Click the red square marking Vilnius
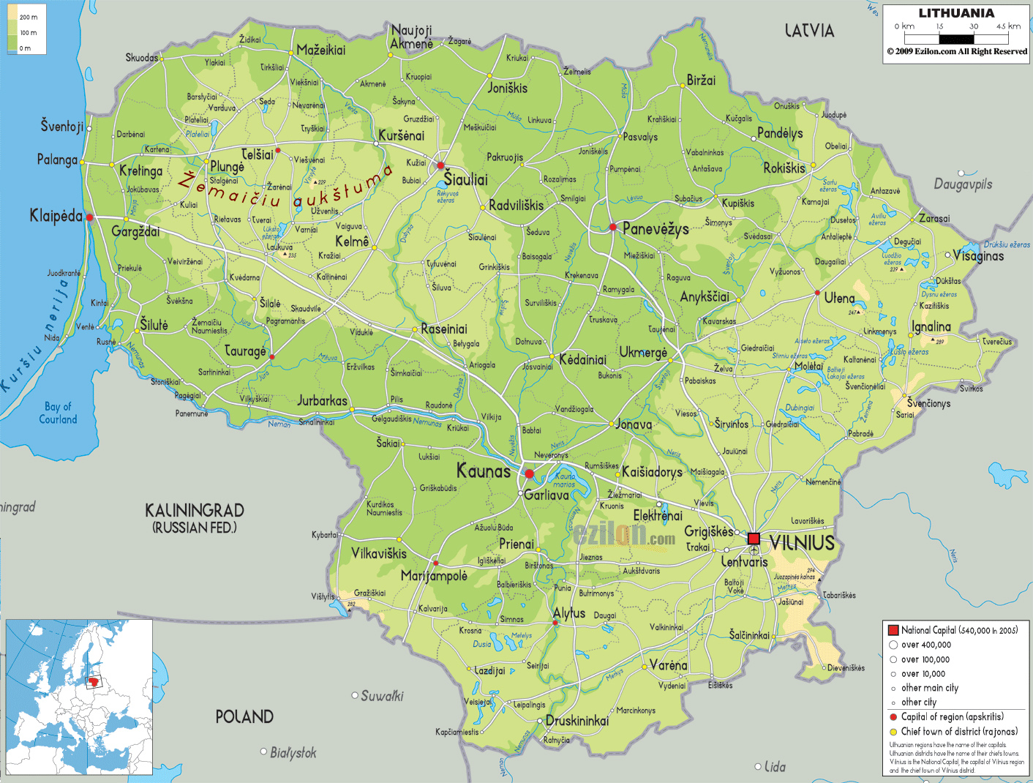pyautogui.click(x=754, y=539)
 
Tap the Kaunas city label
pyautogui.click(x=484, y=471)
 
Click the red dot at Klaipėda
pyautogui.click(x=89, y=217)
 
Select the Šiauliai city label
pyautogui.click(x=465, y=180)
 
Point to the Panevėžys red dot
pyautogui.click(x=613, y=227)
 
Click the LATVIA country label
pyautogui.click(x=809, y=31)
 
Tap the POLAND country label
pyautogui.click(x=244, y=717)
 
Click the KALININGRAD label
pyautogui.click(x=195, y=511)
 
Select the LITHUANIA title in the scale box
pyautogui.click(x=956, y=13)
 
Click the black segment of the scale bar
pyautogui.click(x=957, y=40)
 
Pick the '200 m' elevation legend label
pyautogui.click(x=29, y=17)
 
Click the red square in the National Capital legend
pyautogui.click(x=893, y=630)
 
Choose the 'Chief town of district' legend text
pyautogui.click(x=959, y=731)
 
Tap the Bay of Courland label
pyautogui.click(x=58, y=413)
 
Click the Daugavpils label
pyautogui.click(x=963, y=184)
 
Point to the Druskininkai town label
pyautogui.click(x=577, y=721)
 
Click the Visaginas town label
pyautogui.click(x=979, y=256)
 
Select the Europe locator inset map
pyautogui.click(x=79, y=697)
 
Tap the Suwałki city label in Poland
pyautogui.click(x=381, y=696)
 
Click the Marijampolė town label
pyautogui.click(x=434, y=576)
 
